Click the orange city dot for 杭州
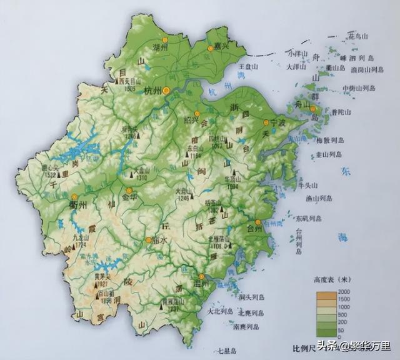click(166, 91)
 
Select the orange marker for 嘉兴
click(211, 48)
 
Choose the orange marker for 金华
click(129, 191)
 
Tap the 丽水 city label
click(161, 241)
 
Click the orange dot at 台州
click(257, 222)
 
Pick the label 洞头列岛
click(252, 297)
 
